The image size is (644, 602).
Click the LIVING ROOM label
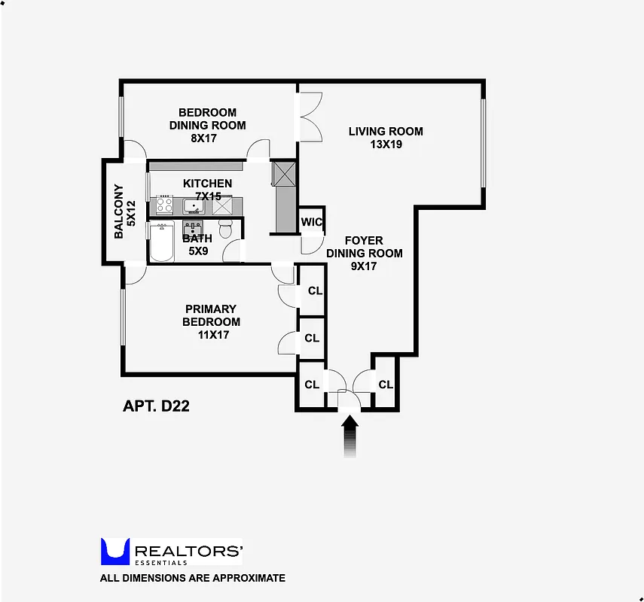386,131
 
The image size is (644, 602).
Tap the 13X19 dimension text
386,144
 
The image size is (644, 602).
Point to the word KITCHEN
207,183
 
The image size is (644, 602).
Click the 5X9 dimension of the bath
198,251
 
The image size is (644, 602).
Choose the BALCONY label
118,212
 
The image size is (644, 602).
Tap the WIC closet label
312,222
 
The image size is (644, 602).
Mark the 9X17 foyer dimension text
365,266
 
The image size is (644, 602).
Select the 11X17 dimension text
213,335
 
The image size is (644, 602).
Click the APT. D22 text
156,406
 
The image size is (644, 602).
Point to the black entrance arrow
350,437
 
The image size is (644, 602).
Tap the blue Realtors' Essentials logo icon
115,552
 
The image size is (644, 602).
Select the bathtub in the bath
162,243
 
